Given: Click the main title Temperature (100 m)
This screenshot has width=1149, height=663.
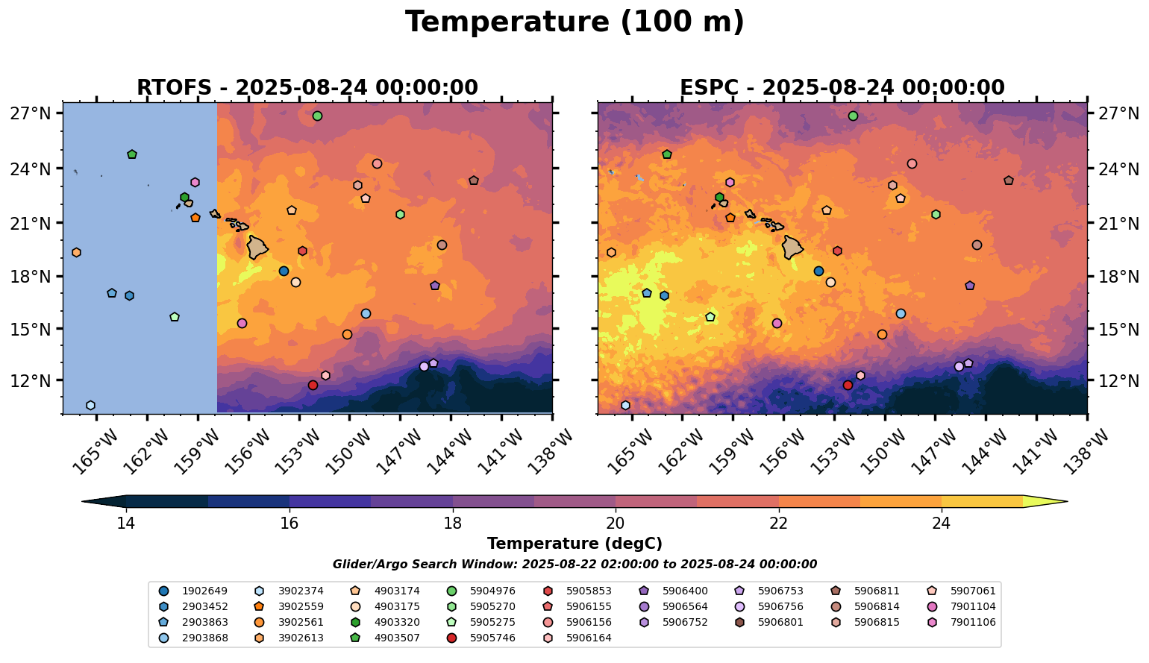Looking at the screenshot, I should (x=574, y=22).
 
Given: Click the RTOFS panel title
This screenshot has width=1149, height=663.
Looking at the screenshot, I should (x=307, y=88).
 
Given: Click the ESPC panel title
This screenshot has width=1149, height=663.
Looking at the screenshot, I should (x=842, y=88).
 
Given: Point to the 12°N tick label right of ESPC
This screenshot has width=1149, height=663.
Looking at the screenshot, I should (x=1116, y=381).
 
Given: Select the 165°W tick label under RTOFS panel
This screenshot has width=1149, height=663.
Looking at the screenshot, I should (x=95, y=450).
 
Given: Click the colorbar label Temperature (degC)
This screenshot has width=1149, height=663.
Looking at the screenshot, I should (x=574, y=544).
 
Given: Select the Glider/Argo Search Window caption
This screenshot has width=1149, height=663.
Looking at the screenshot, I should (x=574, y=565).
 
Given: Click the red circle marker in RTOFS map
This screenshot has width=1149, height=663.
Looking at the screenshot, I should (x=313, y=386).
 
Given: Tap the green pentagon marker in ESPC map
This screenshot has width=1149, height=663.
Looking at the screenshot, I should (x=667, y=154).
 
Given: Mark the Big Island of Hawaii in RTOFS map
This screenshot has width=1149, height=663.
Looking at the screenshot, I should (x=257, y=248).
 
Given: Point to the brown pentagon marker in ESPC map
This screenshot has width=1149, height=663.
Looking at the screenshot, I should (x=1009, y=180).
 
